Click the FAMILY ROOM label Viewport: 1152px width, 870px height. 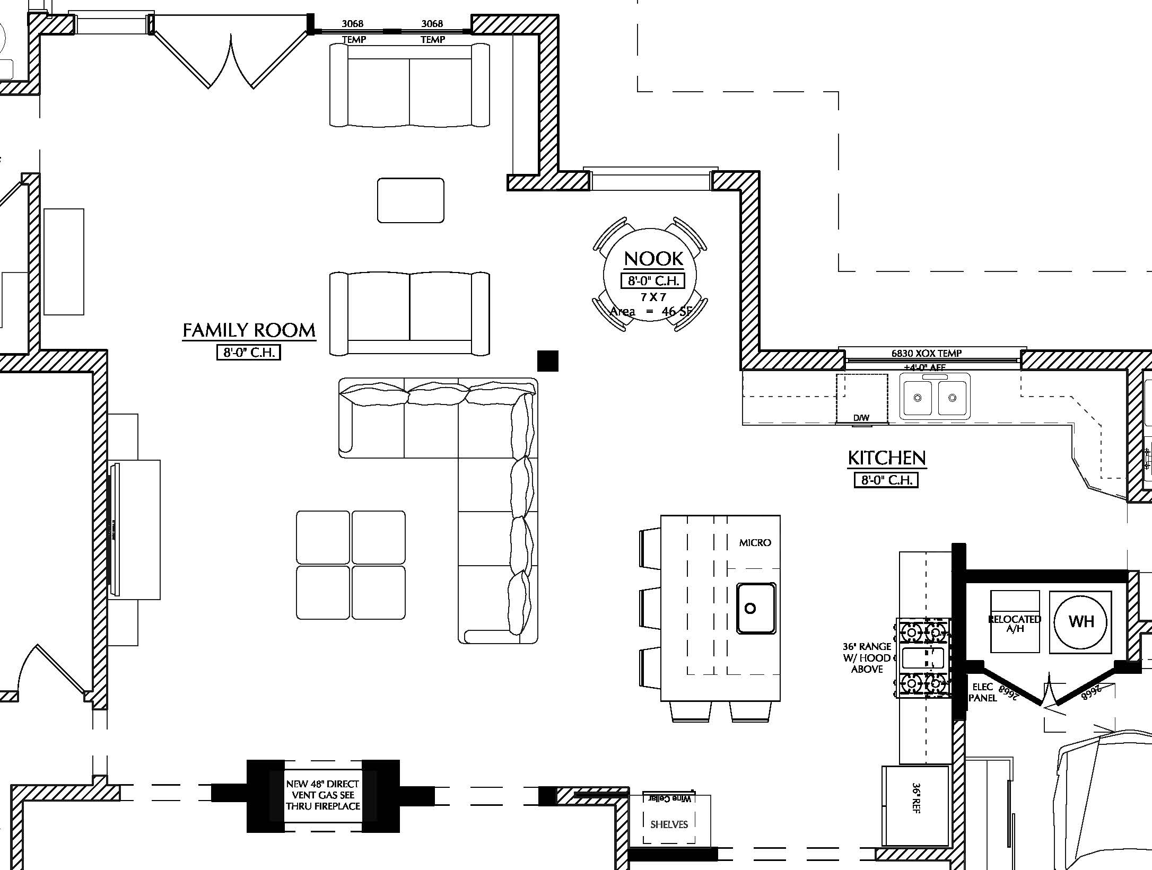click(249, 330)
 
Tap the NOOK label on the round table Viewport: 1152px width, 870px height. click(653, 259)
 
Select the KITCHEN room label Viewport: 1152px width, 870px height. click(887, 458)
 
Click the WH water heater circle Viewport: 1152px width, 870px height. click(1081, 621)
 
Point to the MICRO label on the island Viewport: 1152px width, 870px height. click(755, 542)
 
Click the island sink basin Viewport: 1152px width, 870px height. click(755, 608)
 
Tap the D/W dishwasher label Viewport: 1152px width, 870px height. click(861, 418)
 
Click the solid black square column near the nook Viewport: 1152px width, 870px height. click(547, 361)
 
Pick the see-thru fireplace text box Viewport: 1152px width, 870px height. click(323, 795)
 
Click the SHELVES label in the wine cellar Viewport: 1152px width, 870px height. click(669, 824)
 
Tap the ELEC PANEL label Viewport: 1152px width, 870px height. click(983, 692)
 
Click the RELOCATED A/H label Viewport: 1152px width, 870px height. click(1015, 624)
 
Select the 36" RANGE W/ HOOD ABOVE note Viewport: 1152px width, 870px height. click(867, 657)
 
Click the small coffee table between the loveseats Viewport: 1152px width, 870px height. click(411, 200)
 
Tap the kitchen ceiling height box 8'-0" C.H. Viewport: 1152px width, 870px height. click(886, 480)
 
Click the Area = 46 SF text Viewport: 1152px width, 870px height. click(651, 311)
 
